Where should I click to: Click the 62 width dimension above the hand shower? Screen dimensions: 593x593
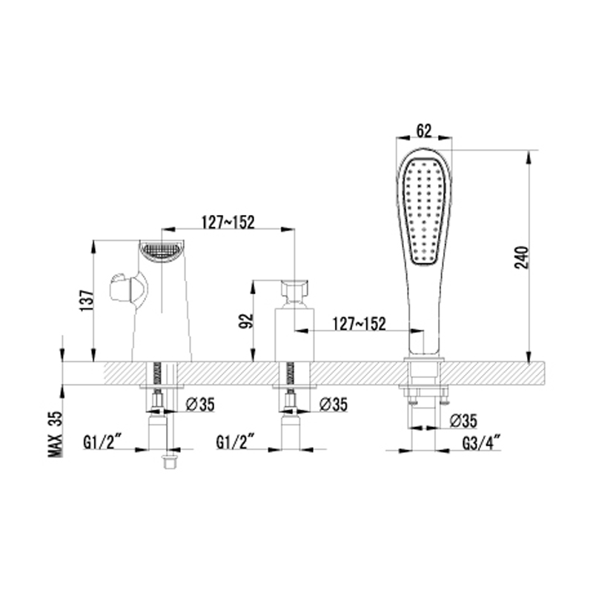tap(424, 131)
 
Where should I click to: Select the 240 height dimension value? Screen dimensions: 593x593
tap(522, 257)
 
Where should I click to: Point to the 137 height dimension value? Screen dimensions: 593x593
tap(87, 301)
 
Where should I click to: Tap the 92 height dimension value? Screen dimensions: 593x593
tap(246, 321)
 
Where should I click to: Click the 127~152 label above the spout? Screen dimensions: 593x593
tap(228, 222)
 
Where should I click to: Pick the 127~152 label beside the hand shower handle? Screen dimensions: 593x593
tap(359, 324)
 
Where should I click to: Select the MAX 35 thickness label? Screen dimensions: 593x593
tap(55, 434)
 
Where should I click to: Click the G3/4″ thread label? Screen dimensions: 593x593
tap(481, 443)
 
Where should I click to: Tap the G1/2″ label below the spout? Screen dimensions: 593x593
tap(102, 442)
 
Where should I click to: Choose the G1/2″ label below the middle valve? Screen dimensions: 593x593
tap(235, 442)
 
